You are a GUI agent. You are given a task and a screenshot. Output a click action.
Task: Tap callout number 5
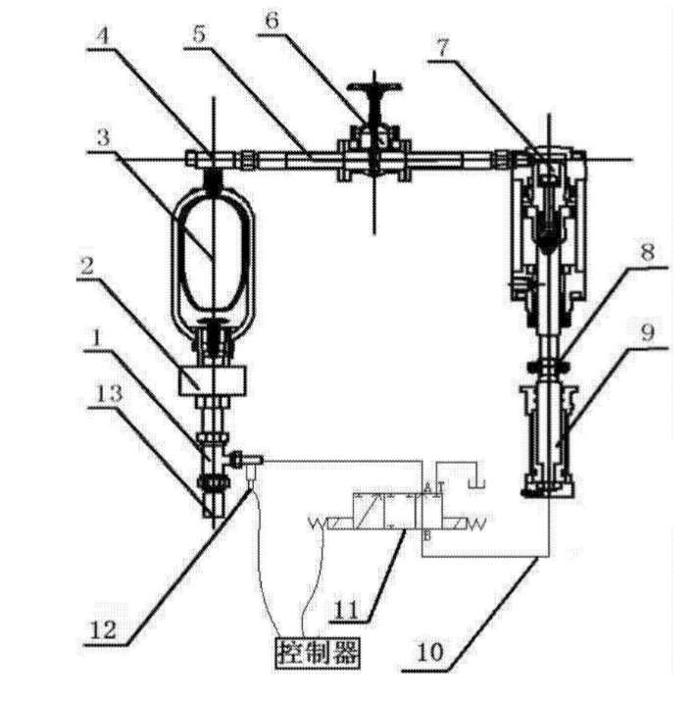pyautogui.click(x=199, y=34)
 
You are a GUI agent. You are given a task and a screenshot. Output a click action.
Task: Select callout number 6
pyautogui.click(x=272, y=21)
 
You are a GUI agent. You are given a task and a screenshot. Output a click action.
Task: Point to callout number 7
pyautogui.click(x=442, y=48)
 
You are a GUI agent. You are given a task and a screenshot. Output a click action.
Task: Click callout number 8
pyautogui.click(x=647, y=253)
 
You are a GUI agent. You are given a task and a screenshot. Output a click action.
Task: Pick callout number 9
pyautogui.click(x=647, y=332)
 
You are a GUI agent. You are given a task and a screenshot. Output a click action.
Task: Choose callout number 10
pyautogui.click(x=430, y=652)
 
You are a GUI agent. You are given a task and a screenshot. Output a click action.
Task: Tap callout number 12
pyautogui.click(x=103, y=630)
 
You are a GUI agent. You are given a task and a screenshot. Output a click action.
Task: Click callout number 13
pyautogui.click(x=109, y=394)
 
